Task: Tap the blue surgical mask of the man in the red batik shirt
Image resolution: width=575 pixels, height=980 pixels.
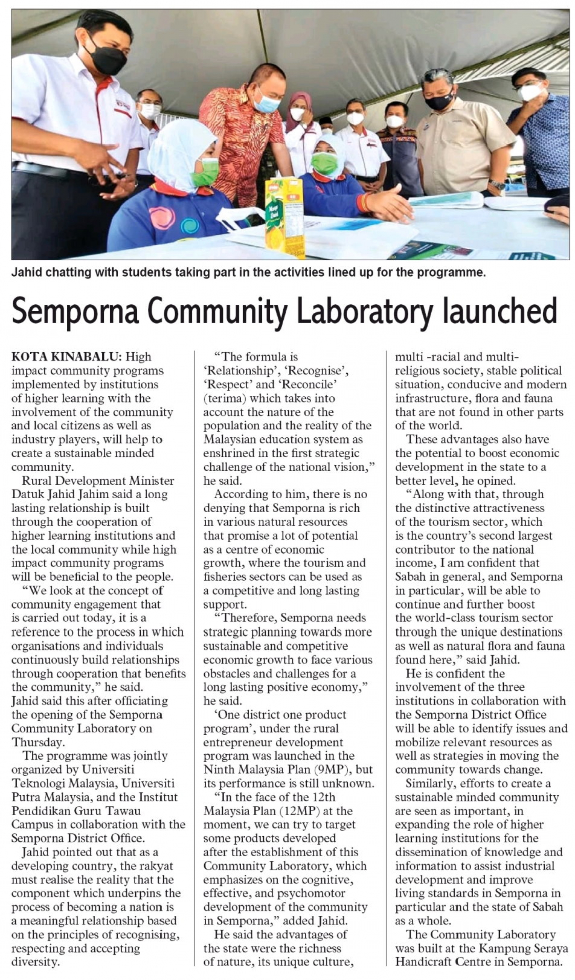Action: [x=267, y=103]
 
